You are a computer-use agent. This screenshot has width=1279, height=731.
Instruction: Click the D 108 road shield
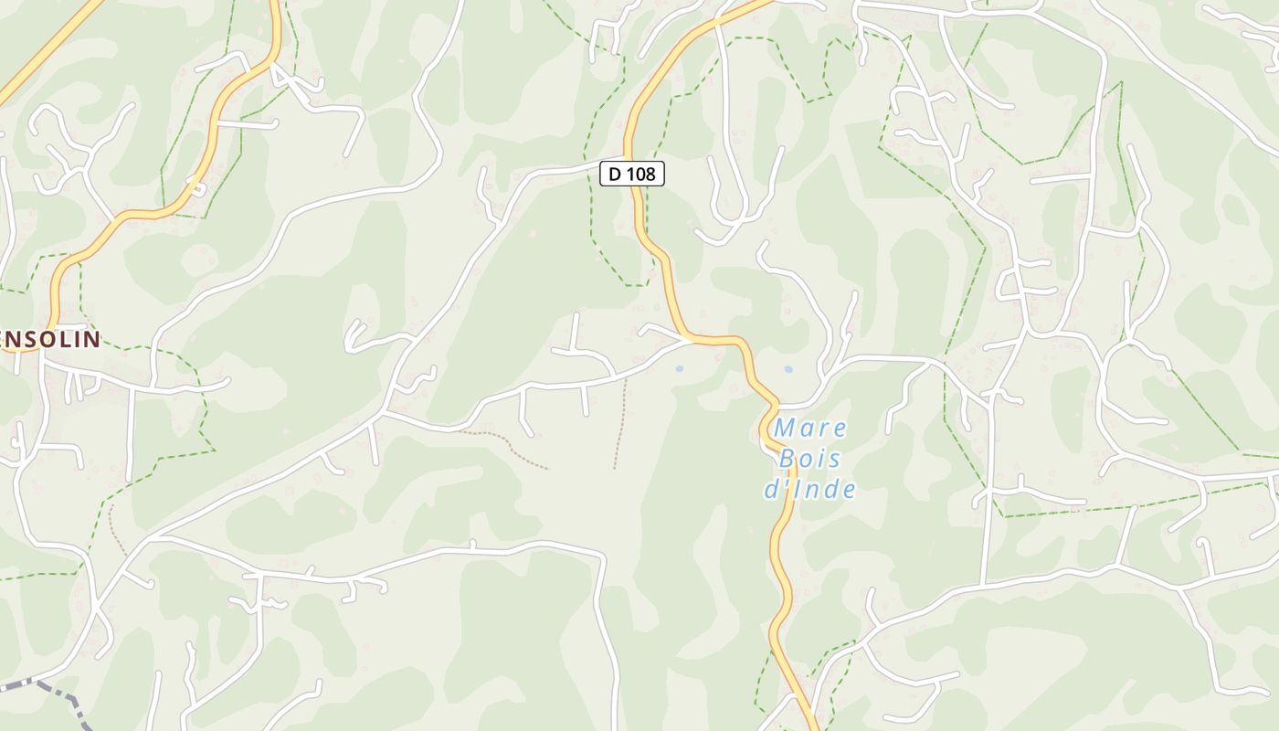tap(631, 173)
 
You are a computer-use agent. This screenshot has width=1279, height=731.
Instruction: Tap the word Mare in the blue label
tap(810, 428)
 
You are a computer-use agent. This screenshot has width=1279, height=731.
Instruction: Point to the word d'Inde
tap(810, 489)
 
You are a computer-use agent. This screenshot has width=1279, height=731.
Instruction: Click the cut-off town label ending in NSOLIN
tap(50, 340)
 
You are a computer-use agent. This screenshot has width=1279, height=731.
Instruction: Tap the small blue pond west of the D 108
tap(679, 368)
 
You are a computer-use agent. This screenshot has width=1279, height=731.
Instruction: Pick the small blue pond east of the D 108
tap(788, 369)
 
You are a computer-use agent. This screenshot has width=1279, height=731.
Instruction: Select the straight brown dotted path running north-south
tap(620, 425)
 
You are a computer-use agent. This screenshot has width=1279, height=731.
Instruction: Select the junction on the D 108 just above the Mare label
tap(777, 405)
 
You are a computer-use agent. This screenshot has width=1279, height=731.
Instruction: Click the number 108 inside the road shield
tap(643, 173)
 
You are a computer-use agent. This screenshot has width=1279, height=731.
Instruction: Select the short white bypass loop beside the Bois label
tap(766, 436)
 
